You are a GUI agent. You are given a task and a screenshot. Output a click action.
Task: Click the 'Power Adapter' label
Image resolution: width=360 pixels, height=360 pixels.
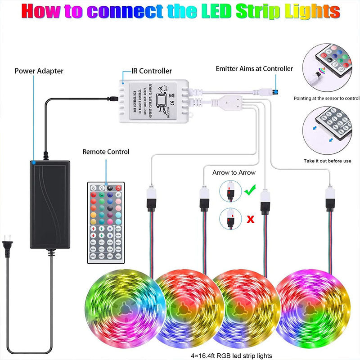pyautogui.click(x=39, y=71)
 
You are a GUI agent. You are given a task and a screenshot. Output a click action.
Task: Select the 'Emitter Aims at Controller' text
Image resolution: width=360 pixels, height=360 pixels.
pyautogui.click(x=254, y=69)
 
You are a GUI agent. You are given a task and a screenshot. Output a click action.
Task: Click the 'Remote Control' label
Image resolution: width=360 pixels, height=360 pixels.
pyautogui.click(x=106, y=152)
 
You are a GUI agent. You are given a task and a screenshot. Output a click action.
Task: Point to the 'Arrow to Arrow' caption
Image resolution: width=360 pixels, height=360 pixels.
pyautogui.click(x=234, y=172)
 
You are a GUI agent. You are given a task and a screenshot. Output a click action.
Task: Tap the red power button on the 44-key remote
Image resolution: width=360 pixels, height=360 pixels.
pyautogui.click(x=119, y=187)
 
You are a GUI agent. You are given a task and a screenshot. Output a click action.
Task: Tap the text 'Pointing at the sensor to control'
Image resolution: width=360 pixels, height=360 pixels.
pyautogui.click(x=327, y=98)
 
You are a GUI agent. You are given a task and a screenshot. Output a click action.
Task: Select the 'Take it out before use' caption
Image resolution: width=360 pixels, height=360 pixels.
pyautogui.click(x=328, y=161)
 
